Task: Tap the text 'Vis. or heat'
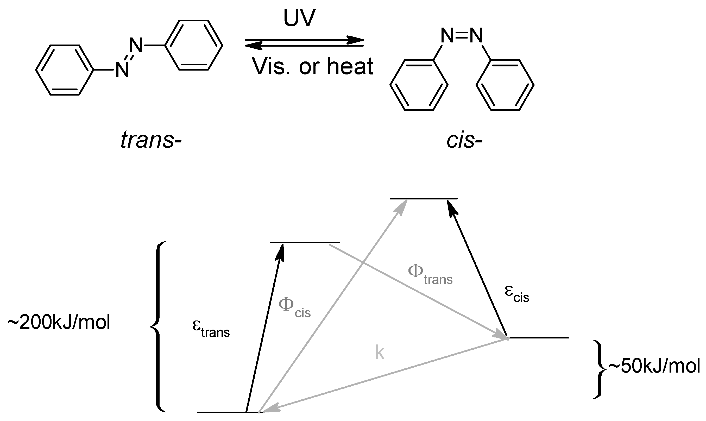click(312, 66)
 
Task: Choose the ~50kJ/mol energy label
click(654, 366)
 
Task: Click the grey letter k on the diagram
click(380, 353)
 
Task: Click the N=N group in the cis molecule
click(462, 36)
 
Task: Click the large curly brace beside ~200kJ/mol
click(158, 326)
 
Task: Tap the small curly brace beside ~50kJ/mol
click(599, 369)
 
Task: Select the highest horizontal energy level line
click(424, 199)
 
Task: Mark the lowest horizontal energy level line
click(230, 412)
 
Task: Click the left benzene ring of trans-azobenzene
click(65, 70)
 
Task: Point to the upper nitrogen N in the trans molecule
click(136, 45)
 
